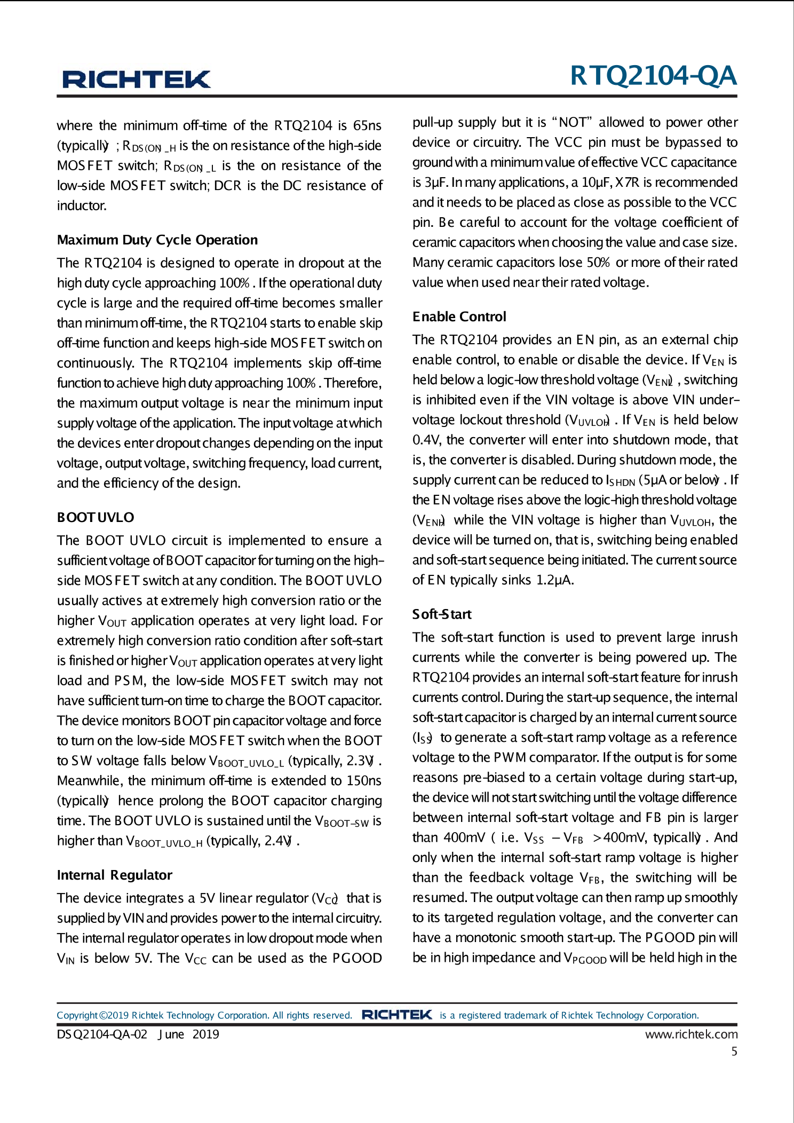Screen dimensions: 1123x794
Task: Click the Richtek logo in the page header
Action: tap(136, 79)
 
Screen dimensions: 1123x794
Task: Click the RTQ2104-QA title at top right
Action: tap(653, 76)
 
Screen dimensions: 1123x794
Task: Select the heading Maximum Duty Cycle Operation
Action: tap(157, 240)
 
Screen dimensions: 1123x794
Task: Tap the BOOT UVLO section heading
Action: tap(96, 517)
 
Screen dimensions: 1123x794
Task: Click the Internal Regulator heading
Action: tap(115, 875)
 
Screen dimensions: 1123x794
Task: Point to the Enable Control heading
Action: tap(459, 317)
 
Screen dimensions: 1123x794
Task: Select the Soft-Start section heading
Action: tap(442, 614)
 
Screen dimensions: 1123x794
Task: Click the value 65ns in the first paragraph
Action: tap(367, 125)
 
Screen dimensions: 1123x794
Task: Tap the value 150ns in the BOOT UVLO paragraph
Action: tap(363, 780)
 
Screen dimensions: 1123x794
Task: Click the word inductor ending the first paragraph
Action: tap(82, 205)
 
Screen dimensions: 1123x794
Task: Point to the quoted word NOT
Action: tap(573, 122)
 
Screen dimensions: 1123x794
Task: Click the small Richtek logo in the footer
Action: tap(396, 1015)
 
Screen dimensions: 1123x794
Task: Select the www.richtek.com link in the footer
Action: tap(691, 1034)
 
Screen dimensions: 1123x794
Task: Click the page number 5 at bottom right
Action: tap(734, 1051)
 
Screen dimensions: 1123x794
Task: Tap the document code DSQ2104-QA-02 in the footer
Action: tap(102, 1034)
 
